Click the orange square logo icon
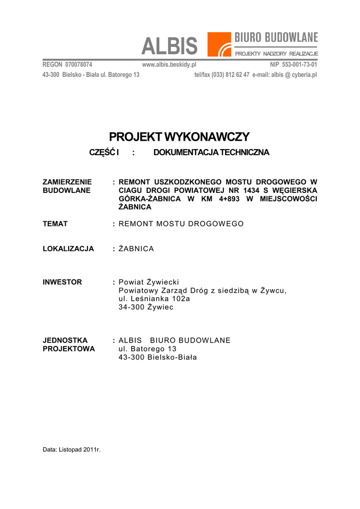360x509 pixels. coord(219,44)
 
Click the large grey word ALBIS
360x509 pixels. coord(169,47)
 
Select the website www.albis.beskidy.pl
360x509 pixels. coord(169,65)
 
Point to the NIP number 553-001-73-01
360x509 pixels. coord(300,65)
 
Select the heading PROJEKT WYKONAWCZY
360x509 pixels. coord(180,137)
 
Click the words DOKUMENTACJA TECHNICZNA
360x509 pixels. coord(211,153)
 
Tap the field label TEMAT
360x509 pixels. coord(55,224)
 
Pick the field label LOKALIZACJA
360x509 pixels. coord(68,249)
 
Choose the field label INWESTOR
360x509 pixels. coord(62,282)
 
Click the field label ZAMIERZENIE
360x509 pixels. coord(67,182)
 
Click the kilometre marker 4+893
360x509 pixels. coord(228,199)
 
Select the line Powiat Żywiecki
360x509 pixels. coord(149,282)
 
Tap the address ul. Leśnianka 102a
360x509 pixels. coord(154,299)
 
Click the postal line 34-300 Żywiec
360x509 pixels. coord(146,307)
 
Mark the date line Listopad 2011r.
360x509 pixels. coord(80,450)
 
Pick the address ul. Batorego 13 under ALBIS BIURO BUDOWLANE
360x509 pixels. coord(147,349)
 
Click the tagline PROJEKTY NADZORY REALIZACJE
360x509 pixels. coord(276,53)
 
